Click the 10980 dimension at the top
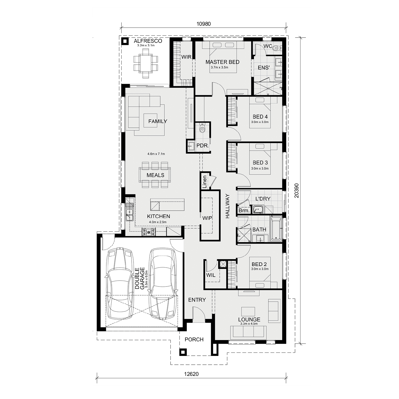pyautogui.click(x=203, y=24)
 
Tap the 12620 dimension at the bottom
pyautogui.click(x=191, y=374)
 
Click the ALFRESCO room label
pyautogui.click(x=148, y=41)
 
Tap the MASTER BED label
pyautogui.click(x=222, y=62)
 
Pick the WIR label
pyautogui.click(x=186, y=57)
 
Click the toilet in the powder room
pyautogui.click(x=202, y=128)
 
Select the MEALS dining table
pyautogui.click(x=155, y=175)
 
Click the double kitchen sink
pyautogui.click(x=130, y=212)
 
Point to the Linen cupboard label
pyautogui.click(x=204, y=182)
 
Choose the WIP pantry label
pyautogui.click(x=207, y=218)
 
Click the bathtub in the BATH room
pyautogui.click(x=276, y=229)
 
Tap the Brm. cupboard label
pyautogui.click(x=244, y=211)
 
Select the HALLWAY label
pyautogui.click(x=227, y=206)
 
